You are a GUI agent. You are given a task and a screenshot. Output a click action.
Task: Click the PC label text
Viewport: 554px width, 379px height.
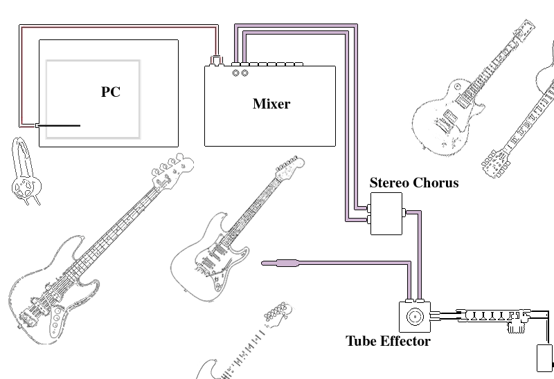pos(111,92)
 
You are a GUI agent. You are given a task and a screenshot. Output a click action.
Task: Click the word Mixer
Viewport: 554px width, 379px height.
pos(271,104)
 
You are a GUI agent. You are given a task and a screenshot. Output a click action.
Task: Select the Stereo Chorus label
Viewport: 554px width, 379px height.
pos(413,183)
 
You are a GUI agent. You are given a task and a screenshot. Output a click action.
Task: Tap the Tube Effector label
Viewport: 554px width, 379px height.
pos(388,341)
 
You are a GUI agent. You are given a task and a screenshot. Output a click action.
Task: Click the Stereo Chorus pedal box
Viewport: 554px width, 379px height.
pos(386,214)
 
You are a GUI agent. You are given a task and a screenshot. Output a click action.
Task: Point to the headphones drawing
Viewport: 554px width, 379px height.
pos(25,173)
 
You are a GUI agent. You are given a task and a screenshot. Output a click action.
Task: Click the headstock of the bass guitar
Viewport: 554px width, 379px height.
pos(172,165)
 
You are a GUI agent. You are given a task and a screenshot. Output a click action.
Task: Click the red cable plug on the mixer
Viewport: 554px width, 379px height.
pos(216,61)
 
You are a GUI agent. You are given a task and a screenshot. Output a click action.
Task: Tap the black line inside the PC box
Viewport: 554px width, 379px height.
pos(58,126)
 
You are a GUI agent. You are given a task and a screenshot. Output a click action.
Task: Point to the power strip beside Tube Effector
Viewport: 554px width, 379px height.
pos(488,316)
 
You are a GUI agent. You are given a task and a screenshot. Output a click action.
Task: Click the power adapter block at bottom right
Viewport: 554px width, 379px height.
pos(544,358)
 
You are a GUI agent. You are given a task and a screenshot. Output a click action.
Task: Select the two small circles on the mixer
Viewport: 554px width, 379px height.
pos(240,73)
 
